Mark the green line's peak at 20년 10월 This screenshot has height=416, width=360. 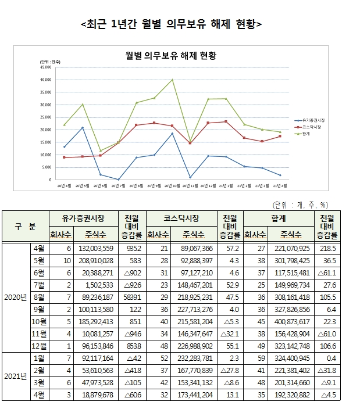172,80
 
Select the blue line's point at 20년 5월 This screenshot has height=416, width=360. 82,127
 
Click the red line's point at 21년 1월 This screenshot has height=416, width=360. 226,121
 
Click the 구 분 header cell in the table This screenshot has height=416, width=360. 24,224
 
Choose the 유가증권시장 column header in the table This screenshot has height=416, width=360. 83,218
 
